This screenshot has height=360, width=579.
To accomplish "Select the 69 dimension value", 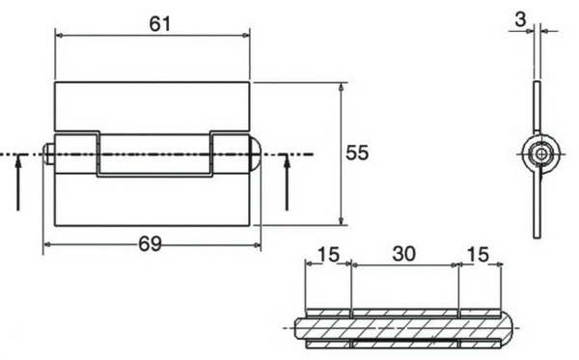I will [149, 244].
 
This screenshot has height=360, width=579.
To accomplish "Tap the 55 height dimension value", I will [357, 152].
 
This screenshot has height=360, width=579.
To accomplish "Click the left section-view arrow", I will [17, 182].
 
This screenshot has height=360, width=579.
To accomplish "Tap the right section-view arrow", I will [287, 182].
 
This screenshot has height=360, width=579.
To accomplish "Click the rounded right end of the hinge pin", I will [255, 154].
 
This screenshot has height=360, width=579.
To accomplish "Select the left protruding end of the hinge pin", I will [48, 154].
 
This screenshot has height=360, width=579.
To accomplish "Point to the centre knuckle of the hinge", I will [154, 154].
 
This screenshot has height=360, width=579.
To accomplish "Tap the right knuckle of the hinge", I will [230, 154].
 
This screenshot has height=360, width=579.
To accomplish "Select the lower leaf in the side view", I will [537, 203].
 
